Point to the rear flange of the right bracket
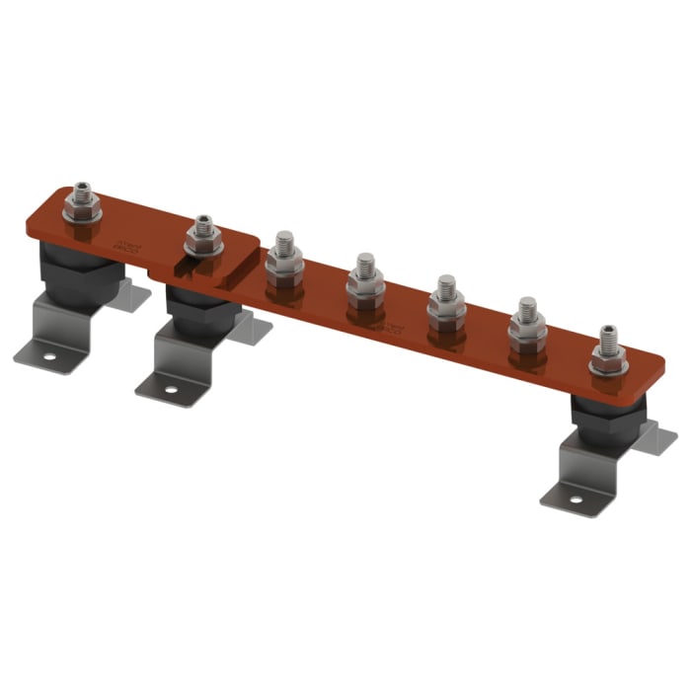tap(656, 438)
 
